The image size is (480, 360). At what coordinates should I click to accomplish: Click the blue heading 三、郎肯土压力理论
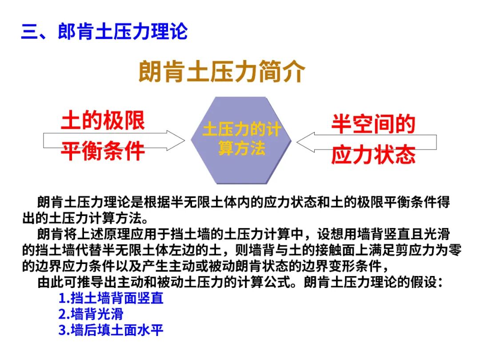click(x=104, y=32)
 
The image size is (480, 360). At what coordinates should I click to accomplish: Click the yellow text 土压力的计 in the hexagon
click(x=241, y=130)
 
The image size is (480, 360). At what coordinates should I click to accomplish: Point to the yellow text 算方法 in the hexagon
click(x=241, y=148)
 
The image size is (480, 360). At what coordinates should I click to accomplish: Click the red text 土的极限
click(x=103, y=120)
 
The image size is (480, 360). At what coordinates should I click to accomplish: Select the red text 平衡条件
click(x=103, y=151)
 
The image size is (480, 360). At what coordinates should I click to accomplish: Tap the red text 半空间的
click(x=373, y=124)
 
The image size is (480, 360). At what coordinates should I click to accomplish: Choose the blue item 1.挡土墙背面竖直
click(x=111, y=298)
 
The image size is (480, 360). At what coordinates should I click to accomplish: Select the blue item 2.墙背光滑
click(x=91, y=314)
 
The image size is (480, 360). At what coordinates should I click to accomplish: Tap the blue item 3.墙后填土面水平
click(x=111, y=330)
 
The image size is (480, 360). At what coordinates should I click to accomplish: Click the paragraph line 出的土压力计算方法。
click(x=84, y=218)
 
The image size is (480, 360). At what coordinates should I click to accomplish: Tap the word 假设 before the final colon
click(x=420, y=283)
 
